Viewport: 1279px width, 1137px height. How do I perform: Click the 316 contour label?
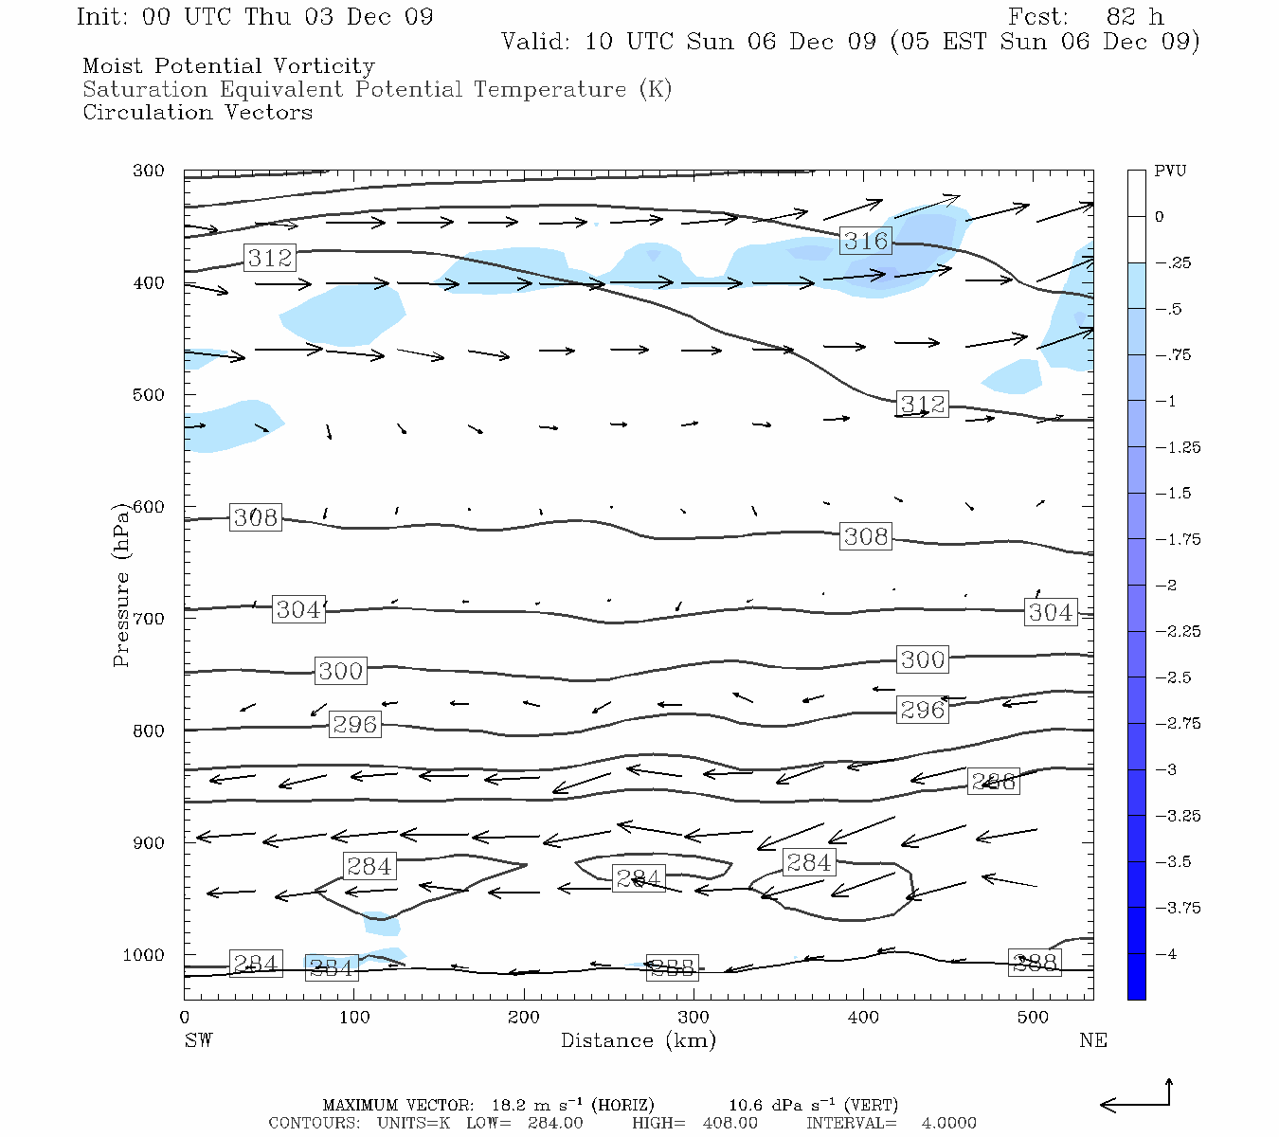point(866,241)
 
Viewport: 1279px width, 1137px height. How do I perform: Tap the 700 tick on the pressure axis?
point(149,619)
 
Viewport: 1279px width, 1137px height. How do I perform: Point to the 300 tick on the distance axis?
point(694,1017)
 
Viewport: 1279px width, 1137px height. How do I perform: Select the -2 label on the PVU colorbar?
point(1164,585)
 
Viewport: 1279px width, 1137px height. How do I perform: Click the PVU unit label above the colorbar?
point(1169,171)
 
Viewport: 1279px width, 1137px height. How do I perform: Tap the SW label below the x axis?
point(198,1040)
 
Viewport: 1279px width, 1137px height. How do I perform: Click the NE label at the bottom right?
point(1092,1040)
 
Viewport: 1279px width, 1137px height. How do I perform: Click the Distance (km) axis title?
point(638,1040)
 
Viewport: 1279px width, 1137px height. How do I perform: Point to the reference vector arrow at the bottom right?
point(1136,1099)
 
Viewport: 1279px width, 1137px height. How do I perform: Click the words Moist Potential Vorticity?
point(228,66)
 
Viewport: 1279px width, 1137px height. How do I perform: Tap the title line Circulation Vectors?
point(197,112)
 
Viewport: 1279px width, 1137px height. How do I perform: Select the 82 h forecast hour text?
point(1134,17)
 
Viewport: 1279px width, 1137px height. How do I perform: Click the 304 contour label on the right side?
point(1051,612)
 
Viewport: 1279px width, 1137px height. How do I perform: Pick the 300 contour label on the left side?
point(340,671)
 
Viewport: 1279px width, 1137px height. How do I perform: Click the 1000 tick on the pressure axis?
point(144,955)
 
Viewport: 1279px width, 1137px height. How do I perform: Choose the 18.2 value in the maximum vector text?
point(511,1105)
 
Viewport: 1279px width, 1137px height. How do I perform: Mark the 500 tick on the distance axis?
point(1033,1017)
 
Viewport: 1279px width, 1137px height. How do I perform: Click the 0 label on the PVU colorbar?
point(1159,216)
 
